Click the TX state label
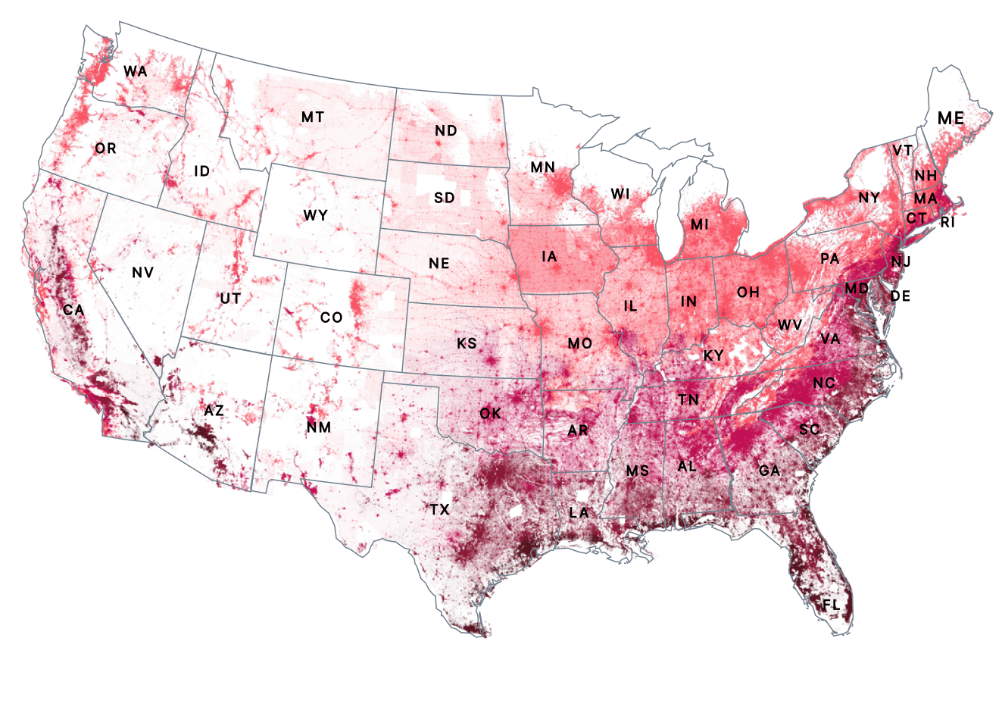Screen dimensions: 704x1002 440,510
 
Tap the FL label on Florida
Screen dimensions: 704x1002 831,605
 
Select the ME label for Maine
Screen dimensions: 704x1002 950,118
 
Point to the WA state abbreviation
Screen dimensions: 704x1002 135,71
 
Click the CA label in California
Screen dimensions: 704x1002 73,310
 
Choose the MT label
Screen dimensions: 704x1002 312,117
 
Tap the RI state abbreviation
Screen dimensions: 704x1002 947,223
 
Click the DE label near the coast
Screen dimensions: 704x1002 901,296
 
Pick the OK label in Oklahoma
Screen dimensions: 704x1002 490,413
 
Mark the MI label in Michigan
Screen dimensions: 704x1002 699,225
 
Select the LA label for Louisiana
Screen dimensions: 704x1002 579,513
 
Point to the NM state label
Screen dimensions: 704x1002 318,427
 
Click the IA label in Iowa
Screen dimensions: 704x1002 549,257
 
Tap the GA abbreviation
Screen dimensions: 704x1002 769,471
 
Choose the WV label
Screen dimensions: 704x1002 790,325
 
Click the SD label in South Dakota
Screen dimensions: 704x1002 444,198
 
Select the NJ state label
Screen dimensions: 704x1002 901,262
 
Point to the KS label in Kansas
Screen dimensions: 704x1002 467,343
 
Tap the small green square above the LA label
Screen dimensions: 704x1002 582,496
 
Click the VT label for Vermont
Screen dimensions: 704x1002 902,151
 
